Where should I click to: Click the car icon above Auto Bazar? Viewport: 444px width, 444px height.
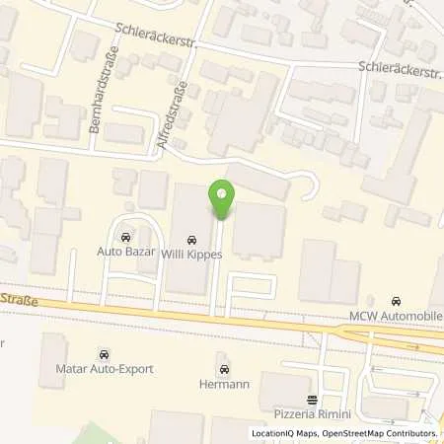tap(125, 237)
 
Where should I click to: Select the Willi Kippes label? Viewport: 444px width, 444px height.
tap(190, 253)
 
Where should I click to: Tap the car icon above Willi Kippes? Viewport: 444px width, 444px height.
tap(190, 239)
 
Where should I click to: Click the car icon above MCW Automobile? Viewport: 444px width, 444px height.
tap(397, 301)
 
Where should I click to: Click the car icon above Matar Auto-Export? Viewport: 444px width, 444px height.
tap(104, 353)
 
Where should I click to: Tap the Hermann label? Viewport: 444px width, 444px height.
tap(225, 384)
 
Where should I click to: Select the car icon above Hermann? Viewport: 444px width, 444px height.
tap(225, 369)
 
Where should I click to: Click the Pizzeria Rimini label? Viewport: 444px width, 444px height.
tap(313, 413)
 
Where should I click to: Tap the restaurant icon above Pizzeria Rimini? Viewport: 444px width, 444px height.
tap(313, 400)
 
